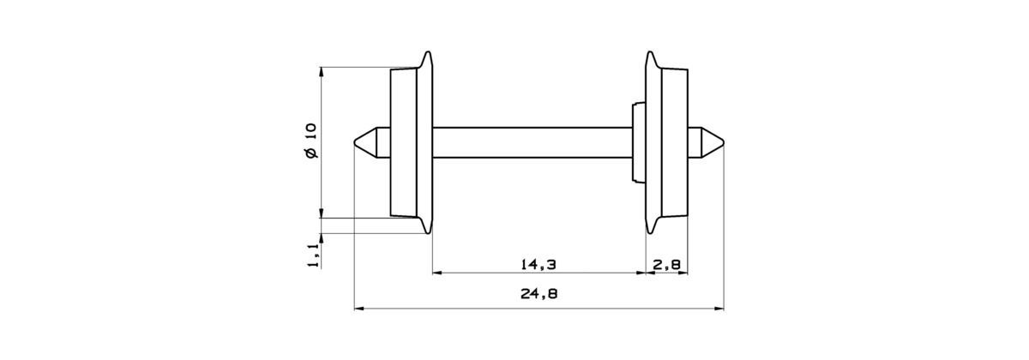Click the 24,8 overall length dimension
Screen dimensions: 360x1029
point(539,294)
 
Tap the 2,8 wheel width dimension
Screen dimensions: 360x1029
point(667,264)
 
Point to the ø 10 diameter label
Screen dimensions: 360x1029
point(310,141)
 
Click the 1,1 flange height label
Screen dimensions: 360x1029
point(312,255)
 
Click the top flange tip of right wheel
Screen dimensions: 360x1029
point(650,56)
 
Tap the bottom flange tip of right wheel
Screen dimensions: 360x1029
point(650,230)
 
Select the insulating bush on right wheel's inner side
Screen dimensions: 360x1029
point(637,142)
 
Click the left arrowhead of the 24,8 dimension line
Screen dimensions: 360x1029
point(358,307)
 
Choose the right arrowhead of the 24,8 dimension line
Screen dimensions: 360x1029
point(719,307)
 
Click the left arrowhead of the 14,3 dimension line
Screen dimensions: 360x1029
point(436,273)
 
